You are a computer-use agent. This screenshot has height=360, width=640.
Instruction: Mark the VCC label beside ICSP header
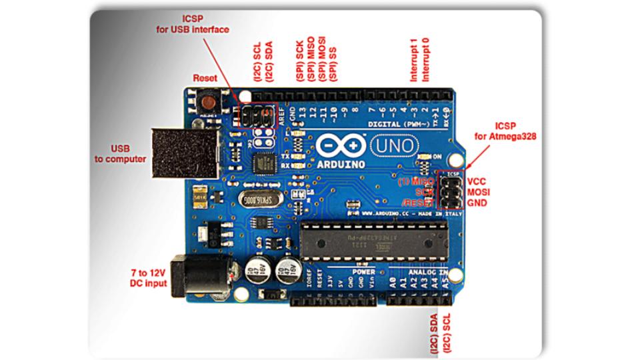coord(477,181)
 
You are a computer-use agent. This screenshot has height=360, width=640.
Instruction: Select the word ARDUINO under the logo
coord(342,163)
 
